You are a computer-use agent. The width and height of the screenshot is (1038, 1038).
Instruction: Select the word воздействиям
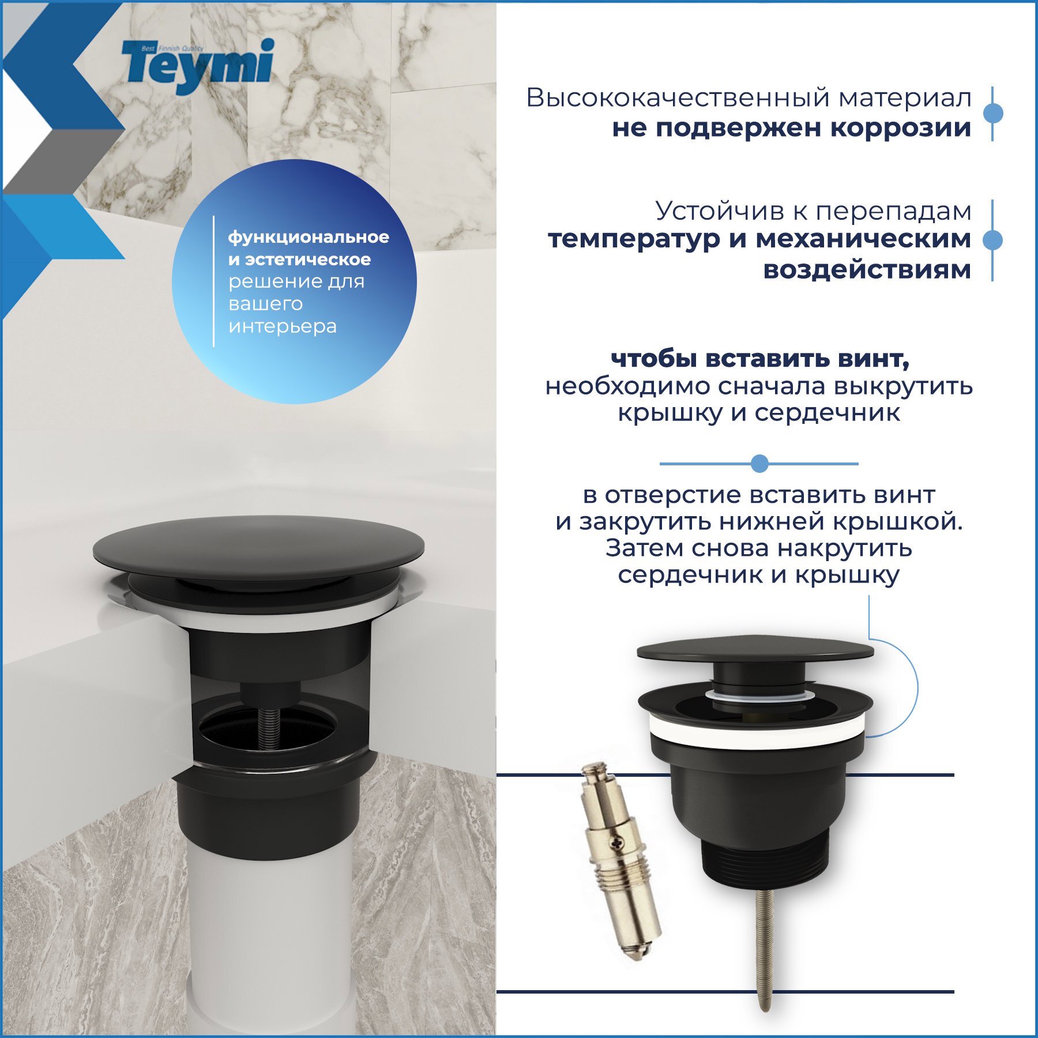click(x=867, y=269)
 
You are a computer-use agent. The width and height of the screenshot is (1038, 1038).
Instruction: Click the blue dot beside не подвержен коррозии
click(x=992, y=113)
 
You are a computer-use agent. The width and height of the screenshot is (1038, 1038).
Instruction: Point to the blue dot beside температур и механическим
click(x=992, y=240)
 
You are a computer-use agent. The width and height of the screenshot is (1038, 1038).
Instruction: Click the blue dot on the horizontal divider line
click(x=759, y=463)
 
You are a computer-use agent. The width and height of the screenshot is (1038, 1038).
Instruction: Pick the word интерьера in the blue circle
click(x=283, y=326)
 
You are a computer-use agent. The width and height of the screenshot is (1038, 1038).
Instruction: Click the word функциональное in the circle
click(x=309, y=237)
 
